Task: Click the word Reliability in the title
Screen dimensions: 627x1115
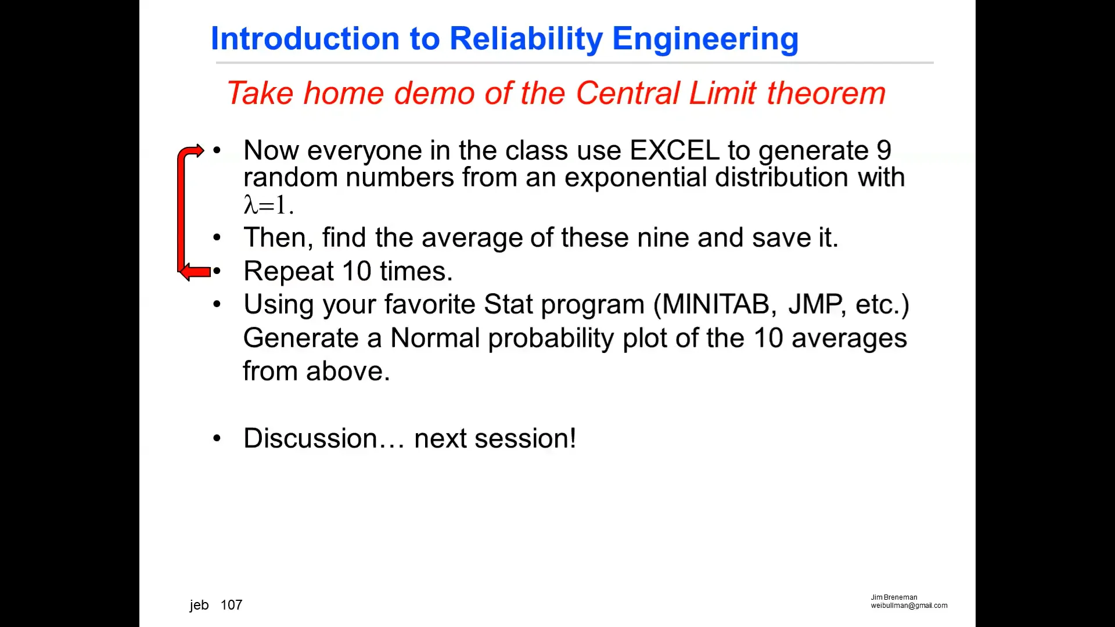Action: click(526, 39)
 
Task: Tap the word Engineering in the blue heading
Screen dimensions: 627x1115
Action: click(705, 39)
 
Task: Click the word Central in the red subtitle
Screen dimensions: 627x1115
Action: click(627, 93)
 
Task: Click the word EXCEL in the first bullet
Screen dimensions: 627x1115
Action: click(674, 150)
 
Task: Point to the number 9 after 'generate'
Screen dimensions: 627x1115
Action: click(883, 150)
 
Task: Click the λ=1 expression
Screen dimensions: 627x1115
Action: click(268, 205)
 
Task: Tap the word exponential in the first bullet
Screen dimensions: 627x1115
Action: click(635, 177)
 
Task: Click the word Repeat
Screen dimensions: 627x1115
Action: click(288, 271)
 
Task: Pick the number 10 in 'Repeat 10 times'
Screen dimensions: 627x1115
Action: click(356, 271)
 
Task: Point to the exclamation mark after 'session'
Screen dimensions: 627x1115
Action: click(573, 438)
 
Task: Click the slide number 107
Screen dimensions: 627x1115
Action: click(231, 605)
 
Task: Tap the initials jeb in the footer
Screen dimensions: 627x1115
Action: click(199, 605)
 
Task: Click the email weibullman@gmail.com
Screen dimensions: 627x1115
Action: click(908, 606)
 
